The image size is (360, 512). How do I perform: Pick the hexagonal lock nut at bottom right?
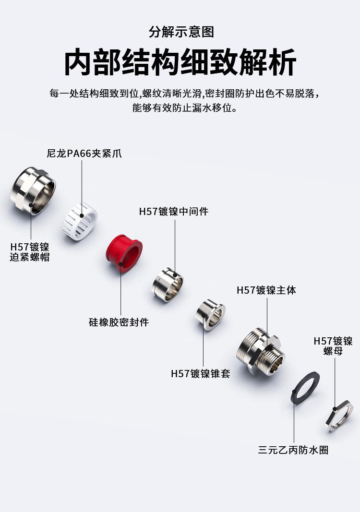pos(339,414)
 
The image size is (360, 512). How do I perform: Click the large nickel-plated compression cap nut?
pos(33,190)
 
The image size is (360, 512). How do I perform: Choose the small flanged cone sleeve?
pos(210,314)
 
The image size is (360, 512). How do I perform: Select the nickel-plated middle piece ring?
pos(168,284)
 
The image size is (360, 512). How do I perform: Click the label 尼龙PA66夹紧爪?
pos(84,154)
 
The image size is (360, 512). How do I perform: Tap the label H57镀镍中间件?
pos(174,211)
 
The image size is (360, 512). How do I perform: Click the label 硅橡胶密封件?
pos(119,322)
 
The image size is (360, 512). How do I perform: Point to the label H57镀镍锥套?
pos(201,373)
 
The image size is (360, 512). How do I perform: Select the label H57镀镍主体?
pos(266,290)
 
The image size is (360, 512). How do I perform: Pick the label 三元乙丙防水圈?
pos(293,450)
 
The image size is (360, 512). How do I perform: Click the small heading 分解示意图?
pos(181,33)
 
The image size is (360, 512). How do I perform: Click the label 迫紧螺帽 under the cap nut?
pos(30,257)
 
